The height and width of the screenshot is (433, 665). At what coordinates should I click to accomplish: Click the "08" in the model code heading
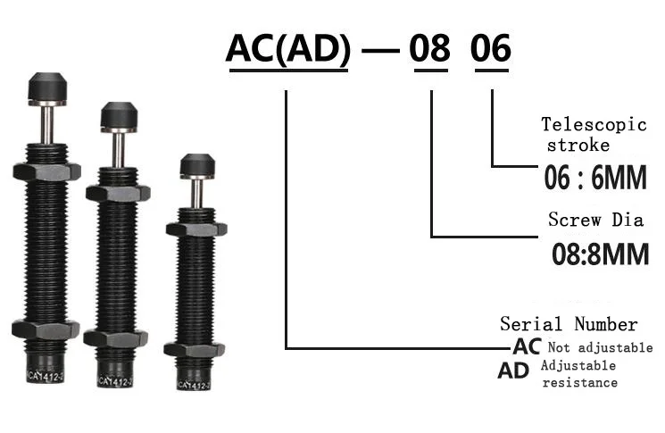[429, 48]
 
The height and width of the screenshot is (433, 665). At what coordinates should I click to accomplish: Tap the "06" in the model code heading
[491, 48]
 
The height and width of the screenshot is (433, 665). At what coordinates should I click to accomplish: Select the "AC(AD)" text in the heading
[288, 48]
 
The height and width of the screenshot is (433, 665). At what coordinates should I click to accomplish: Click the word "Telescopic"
[594, 125]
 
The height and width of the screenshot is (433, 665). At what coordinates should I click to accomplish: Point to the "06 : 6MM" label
[595, 178]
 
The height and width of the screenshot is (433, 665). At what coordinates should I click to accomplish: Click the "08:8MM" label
[600, 254]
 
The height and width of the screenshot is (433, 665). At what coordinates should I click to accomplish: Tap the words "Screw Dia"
[596, 220]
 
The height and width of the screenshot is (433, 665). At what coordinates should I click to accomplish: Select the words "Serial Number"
[569, 324]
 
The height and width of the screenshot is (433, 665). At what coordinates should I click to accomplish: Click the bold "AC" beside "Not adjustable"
[527, 346]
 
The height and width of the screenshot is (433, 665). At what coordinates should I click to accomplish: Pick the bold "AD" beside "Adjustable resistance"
[513, 371]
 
